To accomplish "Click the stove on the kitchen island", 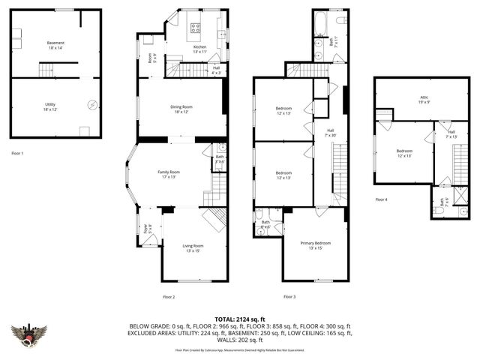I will click(196, 28).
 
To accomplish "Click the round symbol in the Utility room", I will click(92, 105).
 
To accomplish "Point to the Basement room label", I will click(55, 44).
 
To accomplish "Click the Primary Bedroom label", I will click(316, 244).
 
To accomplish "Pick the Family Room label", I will click(169, 173).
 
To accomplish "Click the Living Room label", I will click(193, 247).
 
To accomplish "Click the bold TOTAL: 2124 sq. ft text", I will click(239, 319).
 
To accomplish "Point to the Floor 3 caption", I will click(289, 297).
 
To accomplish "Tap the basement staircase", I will click(48, 70).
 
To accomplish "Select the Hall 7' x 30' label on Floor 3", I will click(329, 132).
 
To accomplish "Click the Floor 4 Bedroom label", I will click(403, 153).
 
